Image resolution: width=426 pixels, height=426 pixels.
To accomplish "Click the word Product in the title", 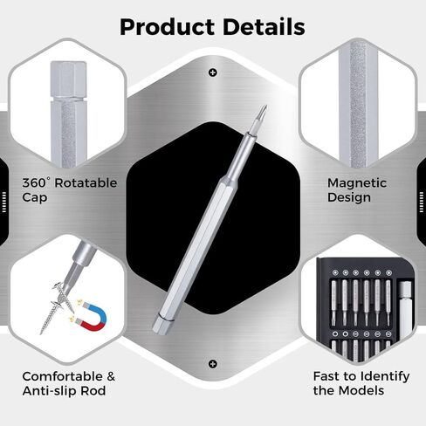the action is click(x=168, y=27).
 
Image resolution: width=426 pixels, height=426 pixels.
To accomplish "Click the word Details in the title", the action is click(x=264, y=27).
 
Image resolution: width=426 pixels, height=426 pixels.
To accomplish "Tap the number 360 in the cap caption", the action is click(x=34, y=182).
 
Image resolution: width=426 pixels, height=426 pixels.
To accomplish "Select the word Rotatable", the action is click(x=86, y=182).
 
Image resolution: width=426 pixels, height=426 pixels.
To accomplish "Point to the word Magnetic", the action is click(x=357, y=183).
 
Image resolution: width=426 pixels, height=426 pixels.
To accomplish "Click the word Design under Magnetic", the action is click(x=349, y=197).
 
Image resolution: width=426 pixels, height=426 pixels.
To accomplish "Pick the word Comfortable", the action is click(x=63, y=376).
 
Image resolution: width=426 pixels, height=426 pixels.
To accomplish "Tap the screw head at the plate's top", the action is click(x=213, y=72).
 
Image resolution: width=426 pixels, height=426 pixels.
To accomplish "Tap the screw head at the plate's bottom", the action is click(x=213, y=364).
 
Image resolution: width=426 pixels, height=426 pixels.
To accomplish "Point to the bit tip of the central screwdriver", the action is click(x=265, y=107).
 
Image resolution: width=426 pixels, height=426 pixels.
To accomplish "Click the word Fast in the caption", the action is click(x=326, y=376).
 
